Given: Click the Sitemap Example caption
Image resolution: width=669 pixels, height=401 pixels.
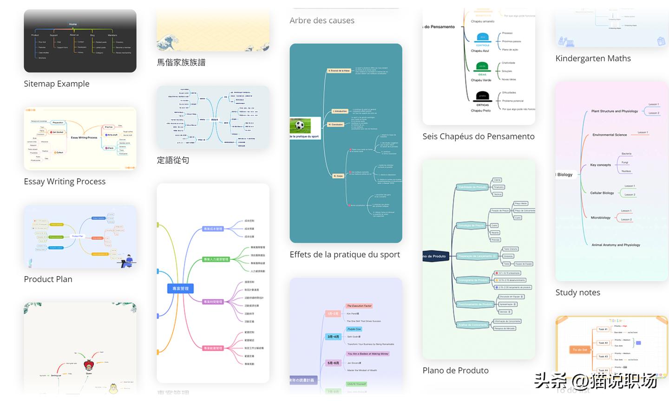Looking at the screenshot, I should (x=57, y=84).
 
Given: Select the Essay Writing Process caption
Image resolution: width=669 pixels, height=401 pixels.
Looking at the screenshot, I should (x=65, y=181).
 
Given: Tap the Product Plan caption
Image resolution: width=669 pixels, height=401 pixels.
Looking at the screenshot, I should (x=48, y=279).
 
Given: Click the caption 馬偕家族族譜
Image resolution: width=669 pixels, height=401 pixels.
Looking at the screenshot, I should (x=181, y=62).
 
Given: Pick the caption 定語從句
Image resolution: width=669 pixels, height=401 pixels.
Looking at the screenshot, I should (x=173, y=160).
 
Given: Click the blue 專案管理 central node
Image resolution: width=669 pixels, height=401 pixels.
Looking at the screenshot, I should (x=180, y=289).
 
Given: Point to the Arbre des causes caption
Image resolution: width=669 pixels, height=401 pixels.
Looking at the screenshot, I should (x=322, y=20).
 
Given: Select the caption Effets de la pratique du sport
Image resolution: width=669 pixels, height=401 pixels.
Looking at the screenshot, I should (x=345, y=254).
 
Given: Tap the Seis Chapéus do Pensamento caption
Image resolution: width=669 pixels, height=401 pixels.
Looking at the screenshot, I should (x=479, y=136).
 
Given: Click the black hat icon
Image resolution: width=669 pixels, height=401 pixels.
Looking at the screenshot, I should (x=482, y=97).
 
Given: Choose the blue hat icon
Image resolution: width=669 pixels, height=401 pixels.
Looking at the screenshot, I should (x=483, y=38).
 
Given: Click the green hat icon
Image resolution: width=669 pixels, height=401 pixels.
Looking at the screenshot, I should (x=482, y=67).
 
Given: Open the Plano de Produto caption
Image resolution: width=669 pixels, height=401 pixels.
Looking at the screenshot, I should (x=455, y=370).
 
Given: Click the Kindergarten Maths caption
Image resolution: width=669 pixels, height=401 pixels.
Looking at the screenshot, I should (x=593, y=58).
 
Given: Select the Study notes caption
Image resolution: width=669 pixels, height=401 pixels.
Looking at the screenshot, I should (x=577, y=292).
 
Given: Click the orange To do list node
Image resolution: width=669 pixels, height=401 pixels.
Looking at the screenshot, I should (x=579, y=349).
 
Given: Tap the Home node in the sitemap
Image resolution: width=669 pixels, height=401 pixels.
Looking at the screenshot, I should (x=73, y=24).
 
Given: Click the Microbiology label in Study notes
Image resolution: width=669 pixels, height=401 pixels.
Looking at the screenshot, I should (x=600, y=217).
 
